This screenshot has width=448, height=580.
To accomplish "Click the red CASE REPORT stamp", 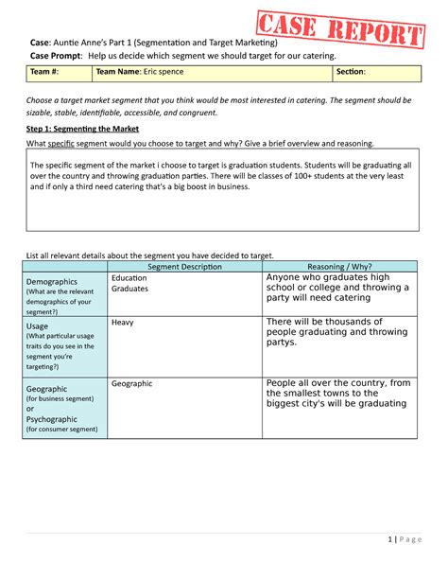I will coord(341,30).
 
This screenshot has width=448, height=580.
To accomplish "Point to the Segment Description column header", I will coord(184,267).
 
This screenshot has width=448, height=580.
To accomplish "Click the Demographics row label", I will coord(52,282).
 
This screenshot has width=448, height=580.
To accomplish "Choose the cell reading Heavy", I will coord(123,323).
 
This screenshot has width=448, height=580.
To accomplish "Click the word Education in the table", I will coord(129,278).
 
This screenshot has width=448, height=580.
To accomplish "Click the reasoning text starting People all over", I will coord(338,393).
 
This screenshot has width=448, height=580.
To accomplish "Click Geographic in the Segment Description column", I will coord(131,383).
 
